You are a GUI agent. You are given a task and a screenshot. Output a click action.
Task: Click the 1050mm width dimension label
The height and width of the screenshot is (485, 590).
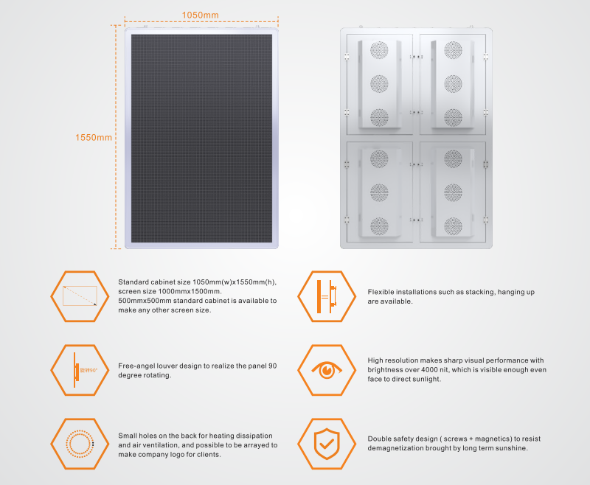200,15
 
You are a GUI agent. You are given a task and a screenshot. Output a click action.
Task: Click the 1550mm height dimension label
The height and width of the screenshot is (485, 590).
94,137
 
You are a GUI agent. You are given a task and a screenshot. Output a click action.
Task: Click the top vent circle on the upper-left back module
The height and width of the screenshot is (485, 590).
379,50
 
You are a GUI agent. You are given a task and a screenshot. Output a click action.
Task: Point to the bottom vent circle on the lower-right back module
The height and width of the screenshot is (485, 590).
453,226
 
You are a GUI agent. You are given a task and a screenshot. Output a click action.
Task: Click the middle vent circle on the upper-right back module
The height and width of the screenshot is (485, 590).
453,84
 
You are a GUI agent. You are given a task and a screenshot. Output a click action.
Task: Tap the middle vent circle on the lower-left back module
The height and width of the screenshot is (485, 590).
379,192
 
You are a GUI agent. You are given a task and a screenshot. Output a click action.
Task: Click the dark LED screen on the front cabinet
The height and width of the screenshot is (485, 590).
201,139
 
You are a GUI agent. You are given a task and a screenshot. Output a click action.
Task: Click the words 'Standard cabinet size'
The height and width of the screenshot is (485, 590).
154,282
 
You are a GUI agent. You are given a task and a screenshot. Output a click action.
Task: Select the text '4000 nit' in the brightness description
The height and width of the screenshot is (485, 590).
435,369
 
